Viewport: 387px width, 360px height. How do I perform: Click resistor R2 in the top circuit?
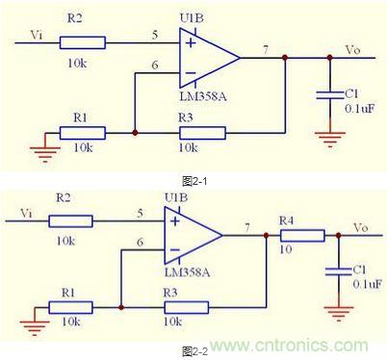tap(83, 42)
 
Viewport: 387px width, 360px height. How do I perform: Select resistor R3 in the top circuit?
tap(202, 133)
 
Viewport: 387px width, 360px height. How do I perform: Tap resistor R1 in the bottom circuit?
tap(70, 307)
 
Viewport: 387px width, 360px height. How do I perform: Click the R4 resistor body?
tap(302, 236)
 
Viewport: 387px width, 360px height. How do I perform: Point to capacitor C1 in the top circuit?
tap(330, 95)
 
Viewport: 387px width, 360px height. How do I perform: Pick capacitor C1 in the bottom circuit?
tap(339, 271)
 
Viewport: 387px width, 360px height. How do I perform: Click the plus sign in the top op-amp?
tap(191, 43)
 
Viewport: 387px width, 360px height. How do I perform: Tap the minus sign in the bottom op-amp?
tap(175, 249)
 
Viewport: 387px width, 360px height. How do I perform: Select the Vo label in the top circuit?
tap(352, 50)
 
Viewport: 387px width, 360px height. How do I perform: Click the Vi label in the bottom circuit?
tap(26, 214)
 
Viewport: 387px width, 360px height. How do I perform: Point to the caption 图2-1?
tap(194, 181)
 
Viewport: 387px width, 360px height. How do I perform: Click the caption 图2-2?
tap(194, 351)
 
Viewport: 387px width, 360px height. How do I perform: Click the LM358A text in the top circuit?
tap(203, 96)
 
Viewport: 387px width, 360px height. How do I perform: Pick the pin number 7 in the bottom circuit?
tap(247, 227)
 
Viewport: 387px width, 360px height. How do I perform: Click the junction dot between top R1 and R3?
tap(135, 133)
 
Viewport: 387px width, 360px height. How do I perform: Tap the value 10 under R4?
tap(286, 249)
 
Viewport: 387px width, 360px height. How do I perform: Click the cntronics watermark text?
tap(289, 346)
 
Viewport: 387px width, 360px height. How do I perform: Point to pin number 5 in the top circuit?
tap(155, 35)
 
